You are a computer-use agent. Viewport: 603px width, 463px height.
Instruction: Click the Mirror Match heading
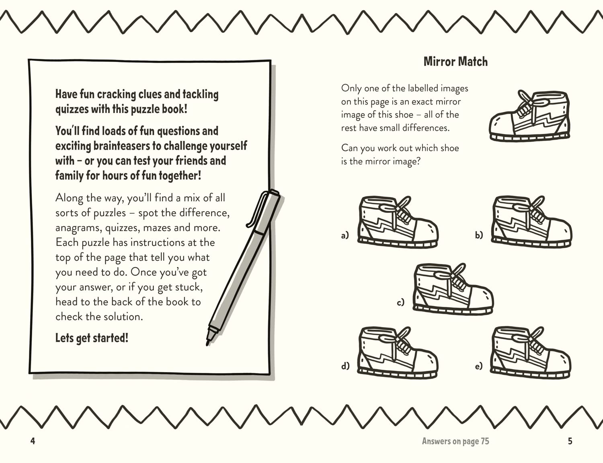click(x=455, y=62)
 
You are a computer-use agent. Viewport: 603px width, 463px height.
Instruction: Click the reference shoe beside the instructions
click(x=529, y=116)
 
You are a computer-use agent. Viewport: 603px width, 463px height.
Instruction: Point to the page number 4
click(x=33, y=441)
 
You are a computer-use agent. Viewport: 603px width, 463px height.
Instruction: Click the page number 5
click(x=570, y=441)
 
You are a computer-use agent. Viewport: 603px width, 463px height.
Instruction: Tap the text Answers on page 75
click(x=455, y=441)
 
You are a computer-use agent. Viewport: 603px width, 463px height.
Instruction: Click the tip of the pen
click(x=208, y=343)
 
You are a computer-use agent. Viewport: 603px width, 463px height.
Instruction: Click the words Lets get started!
click(x=92, y=338)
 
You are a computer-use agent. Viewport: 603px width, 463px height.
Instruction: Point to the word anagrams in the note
click(x=78, y=228)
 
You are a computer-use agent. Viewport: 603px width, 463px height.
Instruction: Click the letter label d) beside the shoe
click(x=345, y=366)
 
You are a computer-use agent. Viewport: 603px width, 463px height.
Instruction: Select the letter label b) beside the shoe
click(x=479, y=235)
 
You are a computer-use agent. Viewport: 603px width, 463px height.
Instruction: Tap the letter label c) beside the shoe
click(x=400, y=302)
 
